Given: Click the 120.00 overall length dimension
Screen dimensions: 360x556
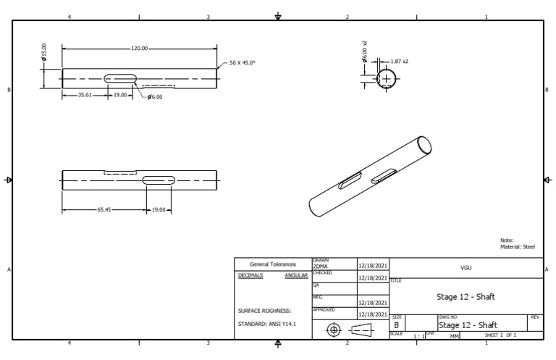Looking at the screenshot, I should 139,49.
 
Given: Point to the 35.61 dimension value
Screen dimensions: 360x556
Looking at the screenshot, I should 85,95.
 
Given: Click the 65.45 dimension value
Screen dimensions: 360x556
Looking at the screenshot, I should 104,210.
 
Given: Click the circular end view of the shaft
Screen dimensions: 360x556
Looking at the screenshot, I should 386,78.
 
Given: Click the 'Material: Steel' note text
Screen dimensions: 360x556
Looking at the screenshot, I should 517,247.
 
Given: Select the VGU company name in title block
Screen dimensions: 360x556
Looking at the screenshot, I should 466,267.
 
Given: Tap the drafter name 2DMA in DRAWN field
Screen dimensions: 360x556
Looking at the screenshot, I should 320,267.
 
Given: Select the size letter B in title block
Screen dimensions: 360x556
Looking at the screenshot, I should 396,326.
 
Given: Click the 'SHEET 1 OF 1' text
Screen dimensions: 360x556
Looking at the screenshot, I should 500,335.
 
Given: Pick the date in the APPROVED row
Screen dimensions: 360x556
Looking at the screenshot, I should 373,314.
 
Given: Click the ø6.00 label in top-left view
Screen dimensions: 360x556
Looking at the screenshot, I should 154,97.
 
